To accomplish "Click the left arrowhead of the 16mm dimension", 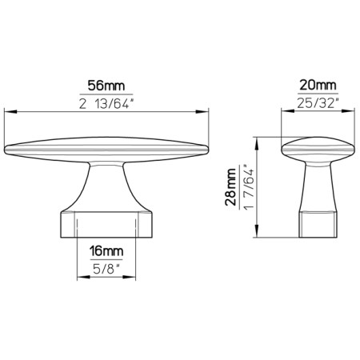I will click(x=81, y=258).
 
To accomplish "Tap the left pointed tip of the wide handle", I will click(x=8, y=148).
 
